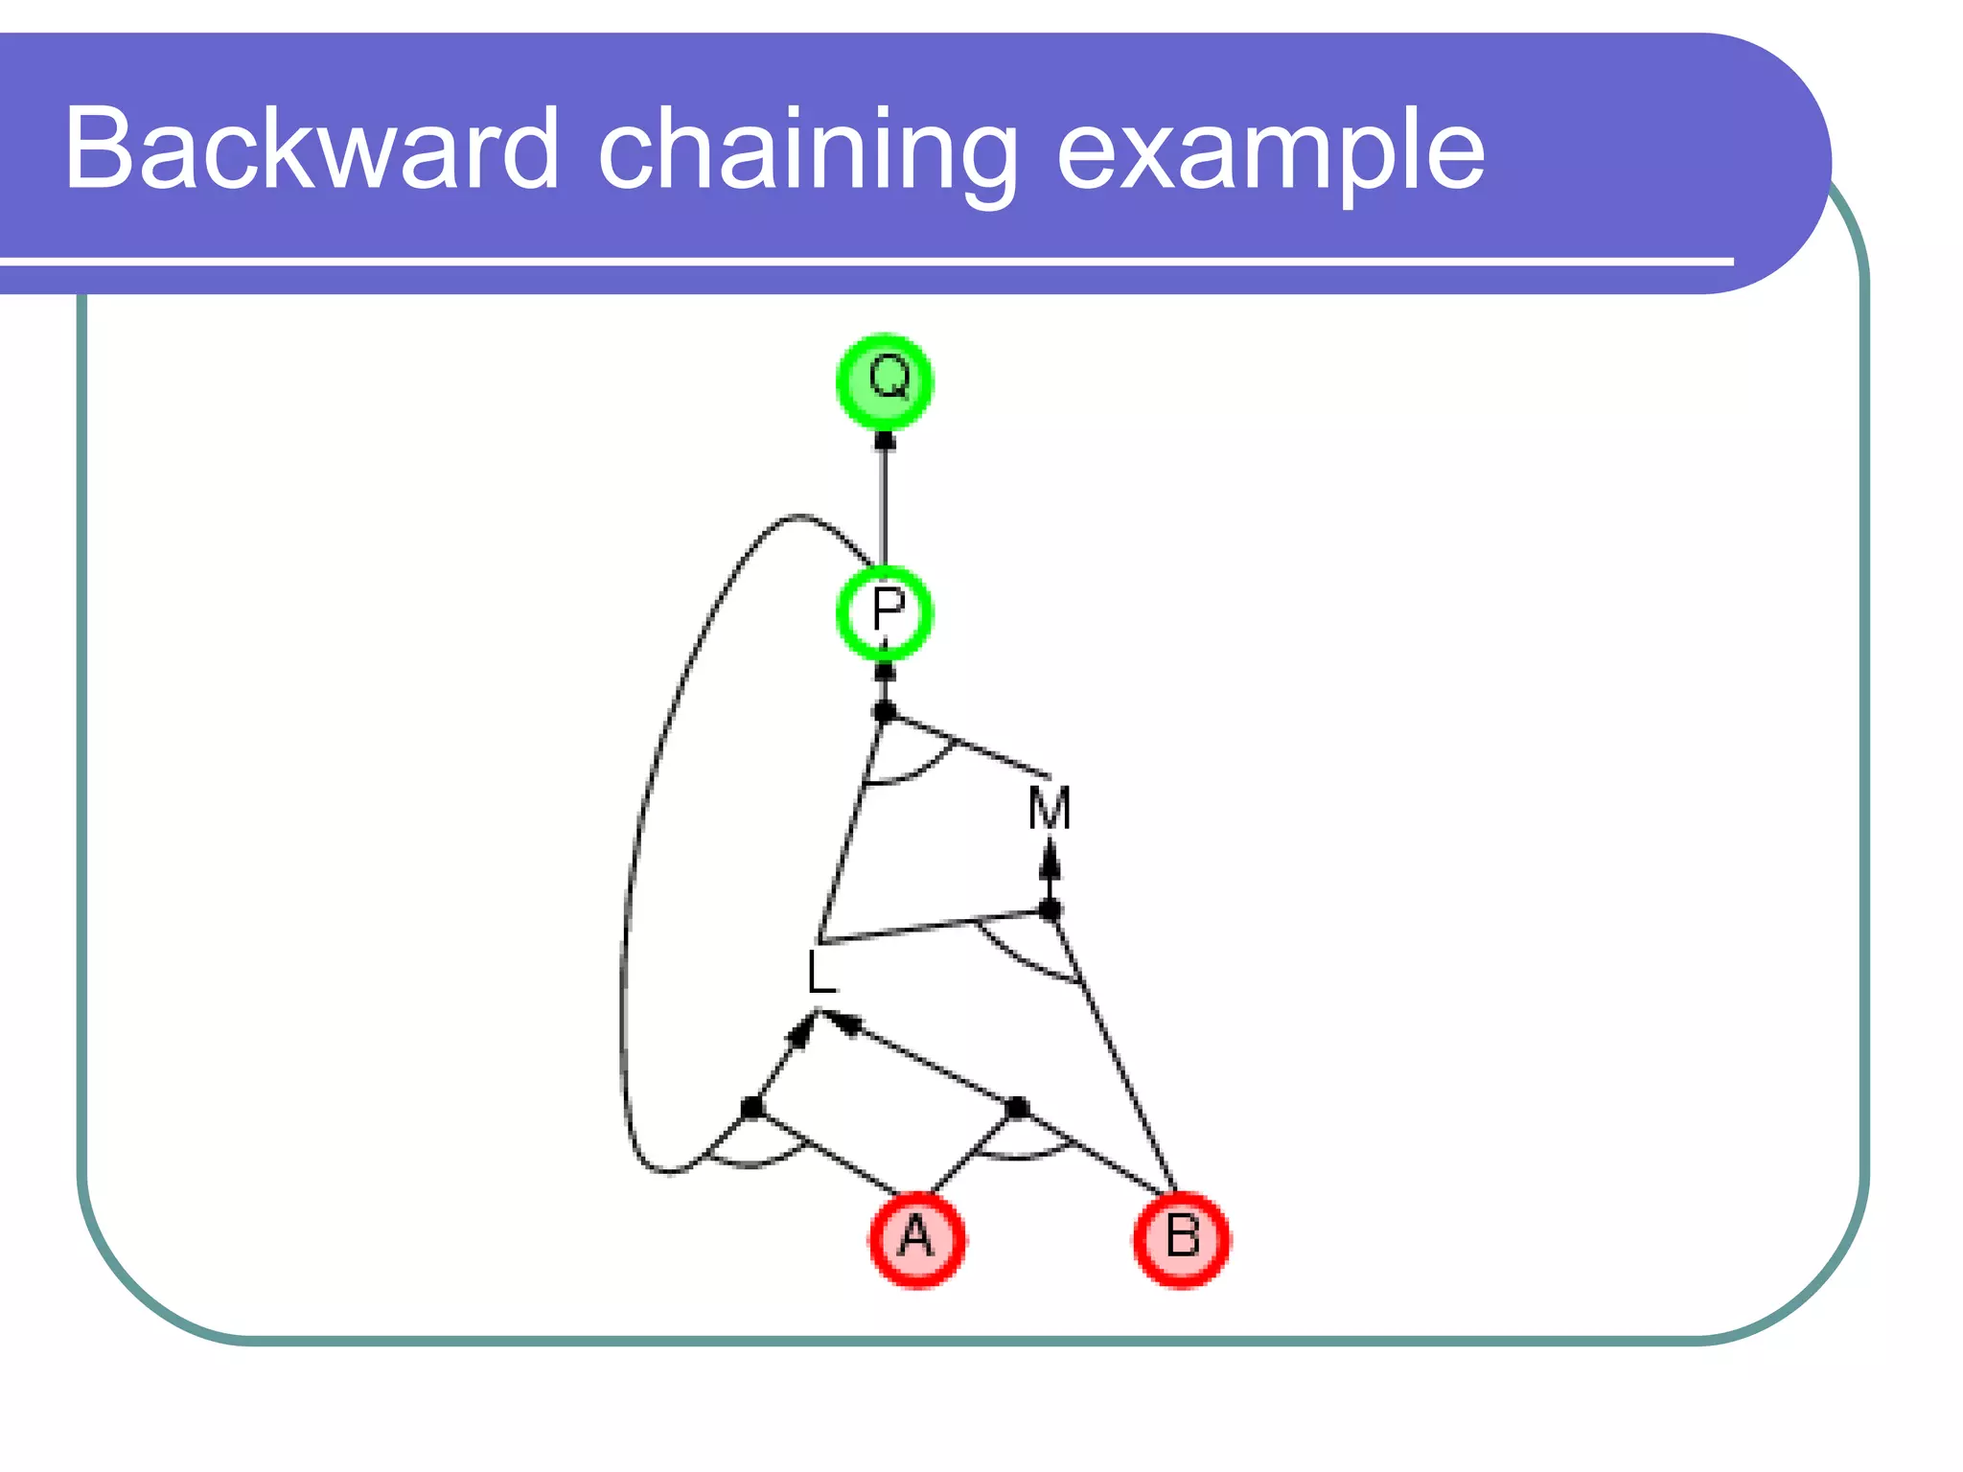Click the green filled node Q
(885, 381)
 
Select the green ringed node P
(885, 612)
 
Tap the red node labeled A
(917, 1239)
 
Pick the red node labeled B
(1182, 1239)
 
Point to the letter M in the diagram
(1050, 808)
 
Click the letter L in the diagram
(821, 973)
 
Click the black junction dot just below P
(885, 712)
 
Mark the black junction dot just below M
(1051, 909)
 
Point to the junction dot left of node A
(752, 1108)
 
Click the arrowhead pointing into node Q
(885, 442)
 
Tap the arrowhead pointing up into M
(1051, 859)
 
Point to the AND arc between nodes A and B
(1020, 1156)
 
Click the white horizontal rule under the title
(866, 261)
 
